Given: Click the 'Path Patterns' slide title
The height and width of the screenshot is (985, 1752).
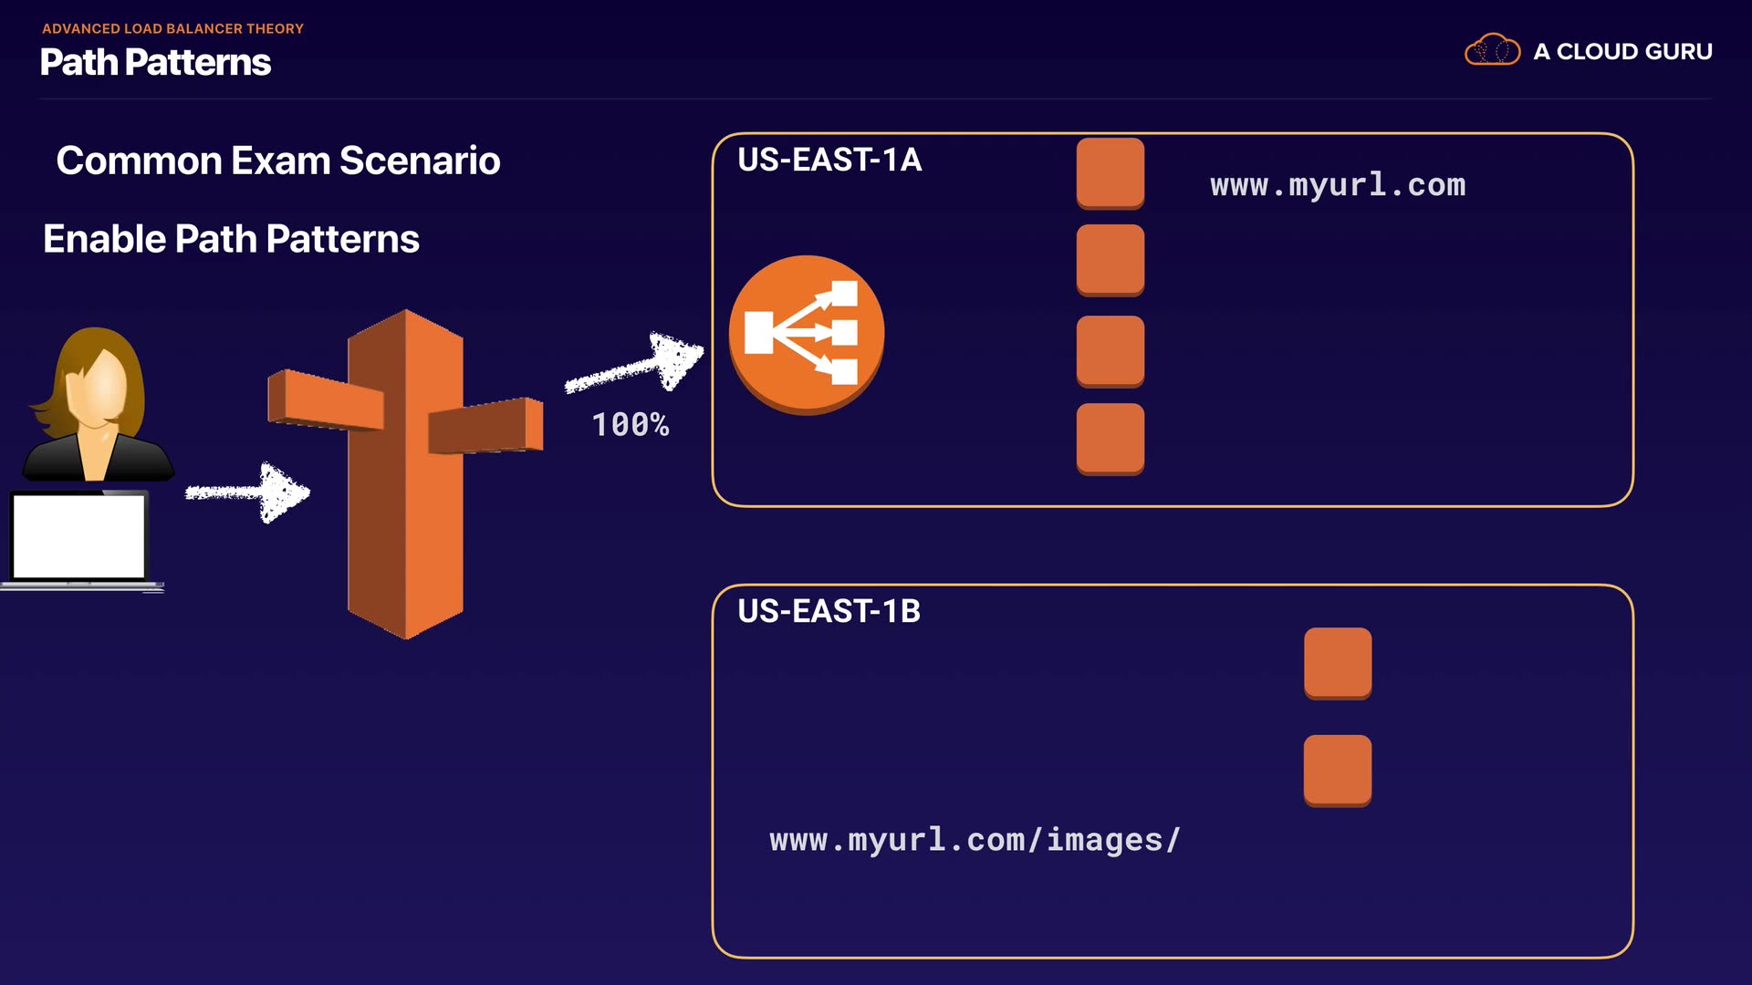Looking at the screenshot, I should click(x=155, y=62).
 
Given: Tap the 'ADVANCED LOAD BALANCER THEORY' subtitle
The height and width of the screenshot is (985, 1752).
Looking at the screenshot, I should click(x=172, y=28).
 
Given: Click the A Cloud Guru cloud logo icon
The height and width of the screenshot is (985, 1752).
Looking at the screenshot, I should click(x=1492, y=50).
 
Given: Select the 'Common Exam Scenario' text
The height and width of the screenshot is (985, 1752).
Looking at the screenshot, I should click(x=278, y=161).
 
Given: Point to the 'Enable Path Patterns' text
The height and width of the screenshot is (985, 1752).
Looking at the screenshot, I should click(x=231, y=239).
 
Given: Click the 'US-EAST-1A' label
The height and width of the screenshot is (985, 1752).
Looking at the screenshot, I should click(x=829, y=160).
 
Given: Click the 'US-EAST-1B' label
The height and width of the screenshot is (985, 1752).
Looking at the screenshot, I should click(x=829, y=611).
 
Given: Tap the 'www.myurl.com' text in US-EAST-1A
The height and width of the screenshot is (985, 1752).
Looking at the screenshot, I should click(x=1338, y=185).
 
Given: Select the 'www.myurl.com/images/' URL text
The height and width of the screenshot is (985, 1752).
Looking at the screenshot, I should click(x=975, y=840).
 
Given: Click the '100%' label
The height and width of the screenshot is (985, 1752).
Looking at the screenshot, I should click(x=631, y=425).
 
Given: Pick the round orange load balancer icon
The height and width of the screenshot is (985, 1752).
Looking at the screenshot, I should click(x=806, y=334).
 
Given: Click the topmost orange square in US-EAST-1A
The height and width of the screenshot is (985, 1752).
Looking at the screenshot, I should click(x=1111, y=173).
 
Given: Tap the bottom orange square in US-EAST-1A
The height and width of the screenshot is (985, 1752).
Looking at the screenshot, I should click(x=1111, y=439).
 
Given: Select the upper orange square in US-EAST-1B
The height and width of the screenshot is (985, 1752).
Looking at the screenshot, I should click(x=1338, y=663).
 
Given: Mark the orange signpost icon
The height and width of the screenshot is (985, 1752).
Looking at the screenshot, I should click(x=405, y=474).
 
